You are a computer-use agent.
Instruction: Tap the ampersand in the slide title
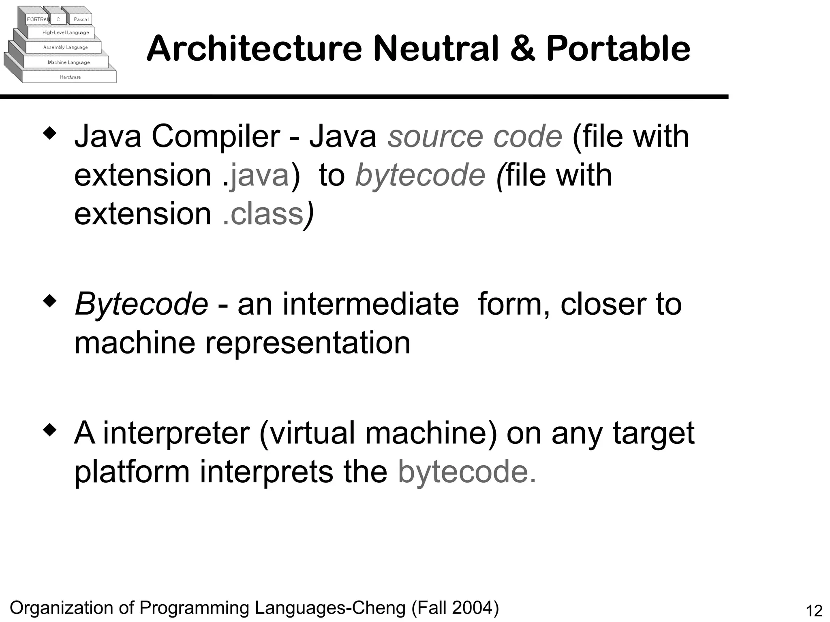click(523, 49)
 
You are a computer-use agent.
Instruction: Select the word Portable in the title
click(618, 49)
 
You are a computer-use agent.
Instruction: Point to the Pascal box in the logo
click(81, 19)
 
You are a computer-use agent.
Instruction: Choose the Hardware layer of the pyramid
click(70, 77)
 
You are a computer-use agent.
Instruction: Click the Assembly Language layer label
click(65, 47)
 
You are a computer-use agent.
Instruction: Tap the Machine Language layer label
click(68, 62)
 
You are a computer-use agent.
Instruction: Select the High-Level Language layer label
click(65, 33)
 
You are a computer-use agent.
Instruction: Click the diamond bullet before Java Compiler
click(49, 134)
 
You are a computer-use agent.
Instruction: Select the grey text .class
click(263, 214)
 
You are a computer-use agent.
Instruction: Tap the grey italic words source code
click(475, 136)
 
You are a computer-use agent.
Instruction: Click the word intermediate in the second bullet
click(370, 304)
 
